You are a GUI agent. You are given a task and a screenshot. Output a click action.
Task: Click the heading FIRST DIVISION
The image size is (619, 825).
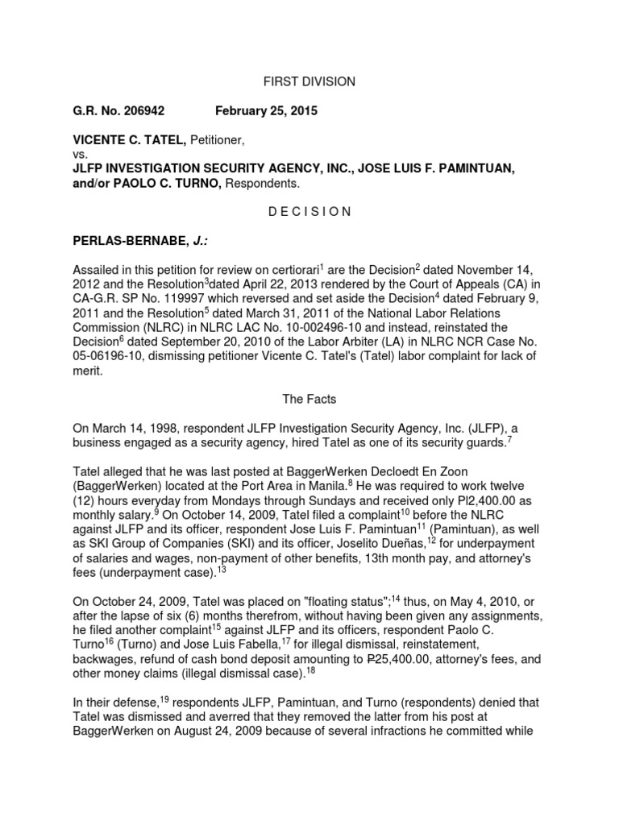309,81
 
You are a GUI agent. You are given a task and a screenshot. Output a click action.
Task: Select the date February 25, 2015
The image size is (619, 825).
266,111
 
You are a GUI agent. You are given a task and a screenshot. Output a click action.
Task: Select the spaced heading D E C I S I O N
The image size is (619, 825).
309,212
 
